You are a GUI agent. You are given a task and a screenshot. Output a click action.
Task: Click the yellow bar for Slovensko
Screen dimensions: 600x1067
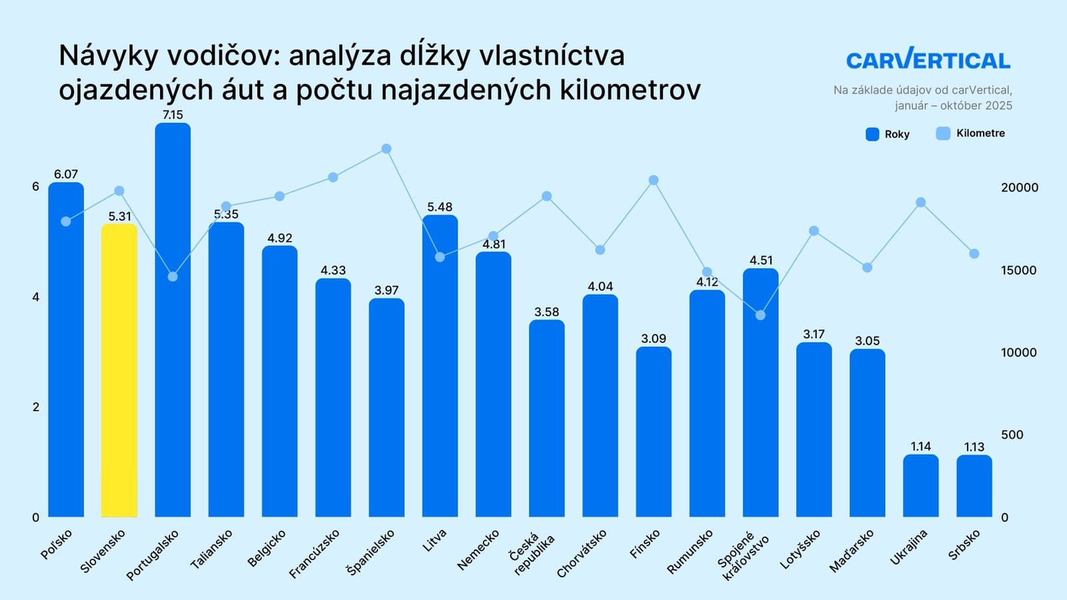[119, 370]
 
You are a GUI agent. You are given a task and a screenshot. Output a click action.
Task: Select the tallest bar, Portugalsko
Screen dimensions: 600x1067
[173, 320]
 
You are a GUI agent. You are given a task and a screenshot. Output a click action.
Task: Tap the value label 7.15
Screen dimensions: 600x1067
[173, 115]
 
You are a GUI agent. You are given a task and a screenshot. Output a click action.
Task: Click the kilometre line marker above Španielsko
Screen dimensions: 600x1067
[386, 149]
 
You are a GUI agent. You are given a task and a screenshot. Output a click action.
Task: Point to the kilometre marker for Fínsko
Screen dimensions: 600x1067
[654, 180]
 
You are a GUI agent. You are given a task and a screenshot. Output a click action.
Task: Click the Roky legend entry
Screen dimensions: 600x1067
[888, 134]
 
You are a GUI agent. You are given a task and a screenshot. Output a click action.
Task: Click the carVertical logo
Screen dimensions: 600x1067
[928, 60]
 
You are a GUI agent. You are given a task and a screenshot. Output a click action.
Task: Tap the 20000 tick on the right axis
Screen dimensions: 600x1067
[1019, 187]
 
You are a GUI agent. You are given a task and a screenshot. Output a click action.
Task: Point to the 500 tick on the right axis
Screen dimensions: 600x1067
[1012, 435]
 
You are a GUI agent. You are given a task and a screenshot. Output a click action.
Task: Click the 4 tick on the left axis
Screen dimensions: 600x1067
[36, 297]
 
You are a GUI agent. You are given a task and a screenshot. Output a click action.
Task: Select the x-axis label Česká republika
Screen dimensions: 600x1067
[531, 553]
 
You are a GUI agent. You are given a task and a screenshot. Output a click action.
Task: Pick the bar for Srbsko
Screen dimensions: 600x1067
[974, 486]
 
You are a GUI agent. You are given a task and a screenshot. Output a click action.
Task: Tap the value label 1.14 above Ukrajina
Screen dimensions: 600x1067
[920, 446]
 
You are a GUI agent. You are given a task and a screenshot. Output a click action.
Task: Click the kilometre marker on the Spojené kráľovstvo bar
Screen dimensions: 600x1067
[760, 315]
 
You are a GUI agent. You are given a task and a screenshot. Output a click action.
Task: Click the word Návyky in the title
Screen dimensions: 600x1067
[107, 55]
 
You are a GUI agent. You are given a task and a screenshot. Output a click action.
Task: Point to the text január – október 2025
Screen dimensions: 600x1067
[953, 105]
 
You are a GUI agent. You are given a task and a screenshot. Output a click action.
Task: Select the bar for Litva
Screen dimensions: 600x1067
[439, 367]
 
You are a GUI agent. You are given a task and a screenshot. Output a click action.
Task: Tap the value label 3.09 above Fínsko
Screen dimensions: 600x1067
[654, 338]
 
